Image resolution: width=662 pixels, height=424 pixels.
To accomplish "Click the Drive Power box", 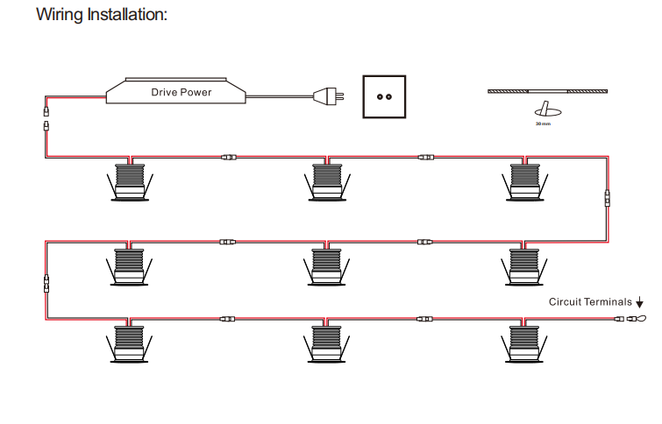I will (182, 91).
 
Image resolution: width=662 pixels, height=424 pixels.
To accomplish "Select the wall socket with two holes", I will (386, 96).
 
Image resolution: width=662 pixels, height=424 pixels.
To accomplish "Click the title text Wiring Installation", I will (102, 15).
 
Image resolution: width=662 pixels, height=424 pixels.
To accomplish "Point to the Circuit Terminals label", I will (589, 301).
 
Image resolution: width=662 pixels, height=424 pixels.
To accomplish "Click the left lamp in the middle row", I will (130, 265).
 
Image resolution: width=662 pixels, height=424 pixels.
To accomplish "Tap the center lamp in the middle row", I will (327, 265).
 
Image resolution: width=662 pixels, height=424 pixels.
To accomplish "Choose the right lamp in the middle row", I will (524, 265).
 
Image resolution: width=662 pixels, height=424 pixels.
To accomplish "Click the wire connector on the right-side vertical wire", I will (606, 198).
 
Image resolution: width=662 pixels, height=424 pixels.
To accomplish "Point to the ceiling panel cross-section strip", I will (547, 90).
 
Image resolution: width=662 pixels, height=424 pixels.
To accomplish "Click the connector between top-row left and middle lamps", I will (228, 158).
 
